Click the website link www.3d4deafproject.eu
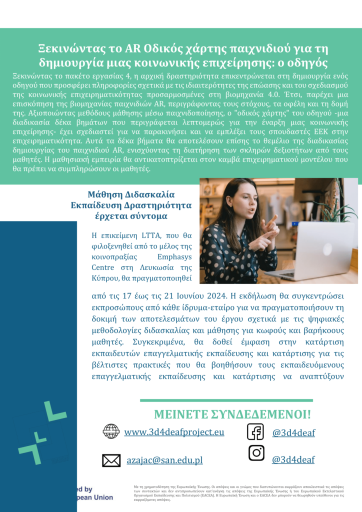click(174, 432)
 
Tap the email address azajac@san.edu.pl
click(164, 460)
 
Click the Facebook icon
click(255, 431)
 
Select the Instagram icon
click(256, 453)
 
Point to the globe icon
click(111, 431)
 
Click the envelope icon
click(111, 460)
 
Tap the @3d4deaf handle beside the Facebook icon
click(293, 433)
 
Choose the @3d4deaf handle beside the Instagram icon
click(293, 459)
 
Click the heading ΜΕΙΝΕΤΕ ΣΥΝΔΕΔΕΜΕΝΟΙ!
click(232, 414)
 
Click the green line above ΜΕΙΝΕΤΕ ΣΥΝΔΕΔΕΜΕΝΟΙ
click(226, 400)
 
